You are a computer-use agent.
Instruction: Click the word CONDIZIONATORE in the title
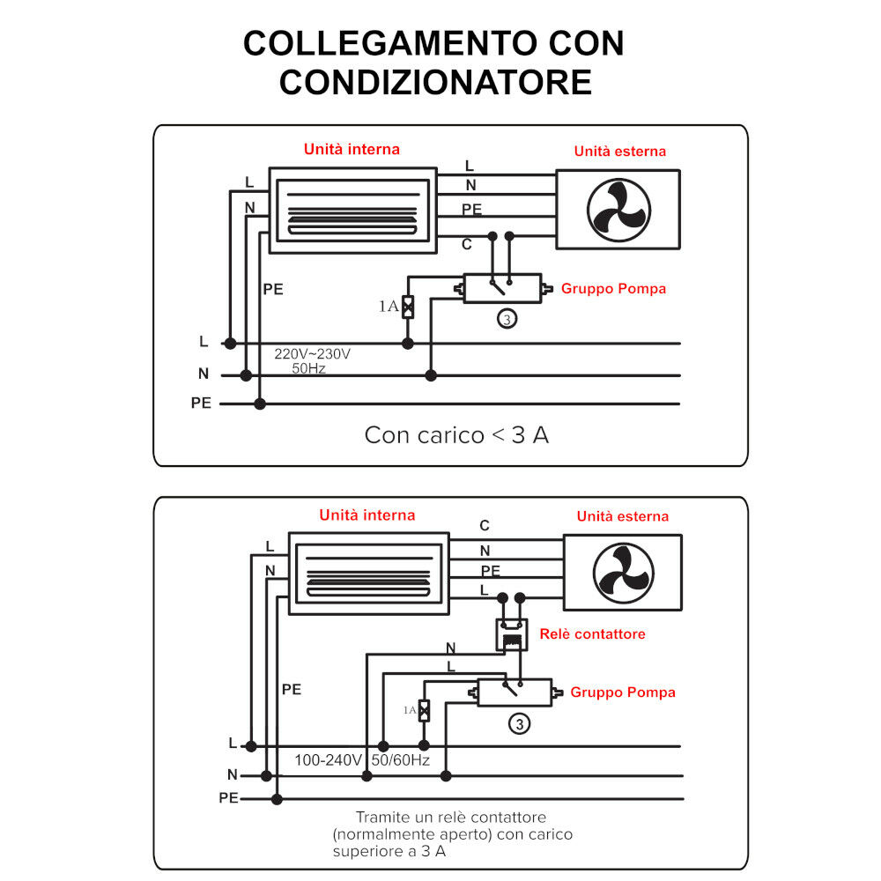click(435, 82)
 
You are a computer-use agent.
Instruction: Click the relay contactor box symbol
click(511, 634)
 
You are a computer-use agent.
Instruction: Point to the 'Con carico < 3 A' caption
click(456, 435)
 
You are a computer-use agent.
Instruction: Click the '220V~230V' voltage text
click(312, 354)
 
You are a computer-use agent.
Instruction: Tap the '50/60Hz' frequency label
click(400, 759)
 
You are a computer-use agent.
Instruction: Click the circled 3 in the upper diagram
click(507, 319)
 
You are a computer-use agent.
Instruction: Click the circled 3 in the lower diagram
click(520, 724)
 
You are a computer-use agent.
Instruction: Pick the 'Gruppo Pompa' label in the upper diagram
click(613, 288)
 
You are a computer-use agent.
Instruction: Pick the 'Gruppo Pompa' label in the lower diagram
click(622, 692)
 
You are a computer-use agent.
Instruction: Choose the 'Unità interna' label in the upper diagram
click(352, 150)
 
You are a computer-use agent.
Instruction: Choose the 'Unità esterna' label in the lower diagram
click(622, 516)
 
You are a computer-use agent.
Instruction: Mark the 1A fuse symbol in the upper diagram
click(408, 307)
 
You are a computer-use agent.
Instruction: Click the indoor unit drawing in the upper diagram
click(352, 210)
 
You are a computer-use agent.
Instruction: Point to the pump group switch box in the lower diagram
click(515, 692)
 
